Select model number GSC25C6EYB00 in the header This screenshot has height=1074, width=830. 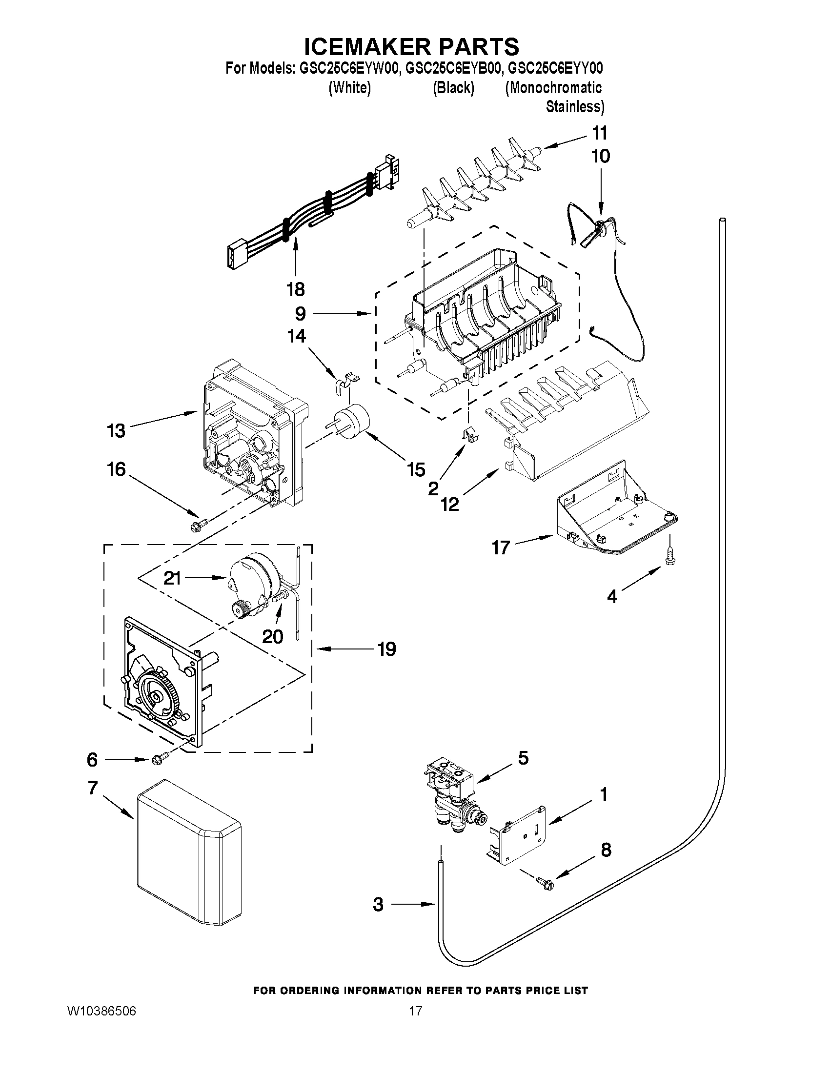tap(453, 68)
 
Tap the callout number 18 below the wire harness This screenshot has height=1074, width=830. tap(296, 289)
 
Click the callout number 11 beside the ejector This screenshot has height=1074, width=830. tap(599, 133)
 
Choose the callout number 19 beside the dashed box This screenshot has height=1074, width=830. tap(387, 649)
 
